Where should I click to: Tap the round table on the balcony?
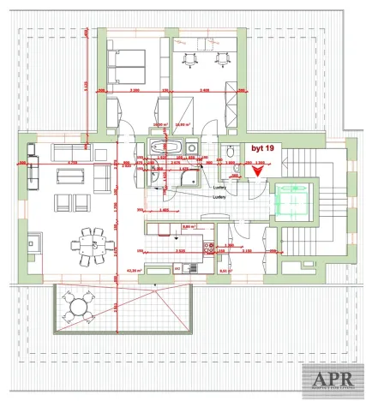click(79, 304)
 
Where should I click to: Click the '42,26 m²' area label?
click(134, 269)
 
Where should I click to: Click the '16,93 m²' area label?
click(181, 123)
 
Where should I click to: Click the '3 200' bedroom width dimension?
click(134, 90)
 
